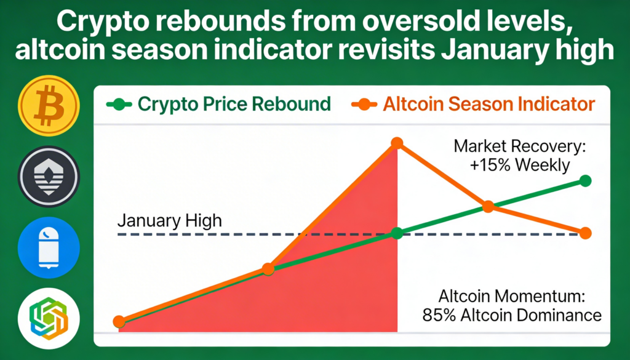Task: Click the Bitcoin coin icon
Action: pyautogui.click(x=49, y=106)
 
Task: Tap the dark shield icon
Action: pyautogui.click(x=49, y=177)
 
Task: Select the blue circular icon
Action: pyautogui.click(x=49, y=247)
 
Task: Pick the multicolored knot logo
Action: pyautogui.click(x=49, y=318)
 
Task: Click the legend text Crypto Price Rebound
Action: pyautogui.click(x=234, y=105)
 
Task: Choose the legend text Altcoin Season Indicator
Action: pyautogui.click(x=488, y=105)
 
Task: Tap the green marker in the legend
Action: pyautogui.click(x=119, y=105)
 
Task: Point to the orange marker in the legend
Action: pyautogui.click(x=364, y=105)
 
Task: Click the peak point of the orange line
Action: pyautogui.click(x=397, y=143)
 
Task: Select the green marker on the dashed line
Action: pyautogui.click(x=397, y=233)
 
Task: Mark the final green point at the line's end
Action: pyautogui.click(x=586, y=181)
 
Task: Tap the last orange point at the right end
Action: pyautogui.click(x=586, y=233)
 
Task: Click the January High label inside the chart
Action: pyautogui.click(x=170, y=221)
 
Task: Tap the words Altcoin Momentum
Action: pyautogui.click(x=509, y=297)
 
